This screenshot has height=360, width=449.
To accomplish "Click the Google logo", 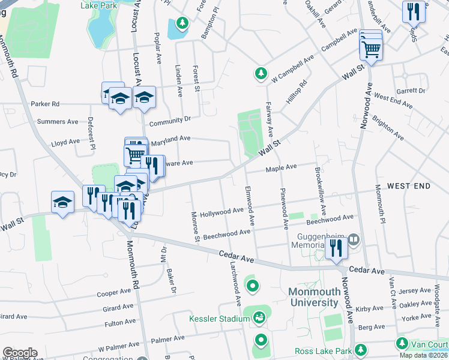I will [20, 353].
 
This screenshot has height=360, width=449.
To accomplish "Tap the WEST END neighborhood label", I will [408, 186].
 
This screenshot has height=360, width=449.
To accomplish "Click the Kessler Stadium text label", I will [219, 318].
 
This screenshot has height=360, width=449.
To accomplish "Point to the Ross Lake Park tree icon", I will [360, 350].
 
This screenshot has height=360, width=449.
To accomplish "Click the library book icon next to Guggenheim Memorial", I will [354, 240].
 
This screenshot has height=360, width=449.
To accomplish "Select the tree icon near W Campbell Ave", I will [261, 73].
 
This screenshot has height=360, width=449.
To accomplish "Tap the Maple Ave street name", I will [282, 168].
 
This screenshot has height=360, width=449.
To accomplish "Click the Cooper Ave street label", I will [114, 293].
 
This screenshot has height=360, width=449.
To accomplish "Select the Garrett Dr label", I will [411, 91].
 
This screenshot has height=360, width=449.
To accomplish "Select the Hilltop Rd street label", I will [297, 91].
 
